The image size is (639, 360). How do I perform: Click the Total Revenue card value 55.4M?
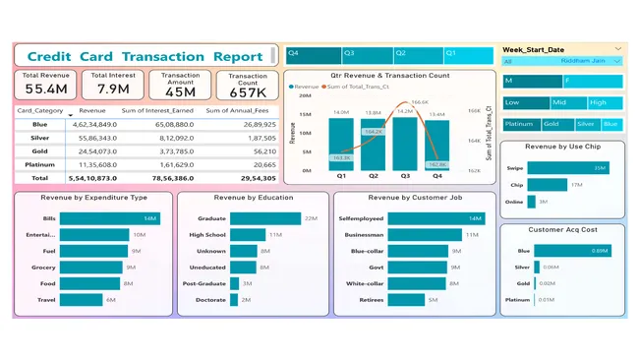coord(46,90)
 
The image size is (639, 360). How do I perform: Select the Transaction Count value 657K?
coord(248,91)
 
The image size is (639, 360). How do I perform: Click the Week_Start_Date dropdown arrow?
coord(617,48)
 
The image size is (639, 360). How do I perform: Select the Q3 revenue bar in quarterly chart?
coord(404,147)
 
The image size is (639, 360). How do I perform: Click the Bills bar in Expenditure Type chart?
coord(109,218)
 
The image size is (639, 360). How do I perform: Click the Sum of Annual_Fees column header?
coord(240,110)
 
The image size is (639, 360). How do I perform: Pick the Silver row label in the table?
coord(39,138)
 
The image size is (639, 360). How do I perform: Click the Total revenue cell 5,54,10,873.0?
coord(92,178)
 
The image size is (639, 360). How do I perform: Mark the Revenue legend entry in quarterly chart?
coord(305,87)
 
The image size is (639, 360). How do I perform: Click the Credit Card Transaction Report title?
coord(145,56)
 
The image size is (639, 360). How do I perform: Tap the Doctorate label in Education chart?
coord(211,299)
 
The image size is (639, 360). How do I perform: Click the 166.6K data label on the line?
coord(420,102)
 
